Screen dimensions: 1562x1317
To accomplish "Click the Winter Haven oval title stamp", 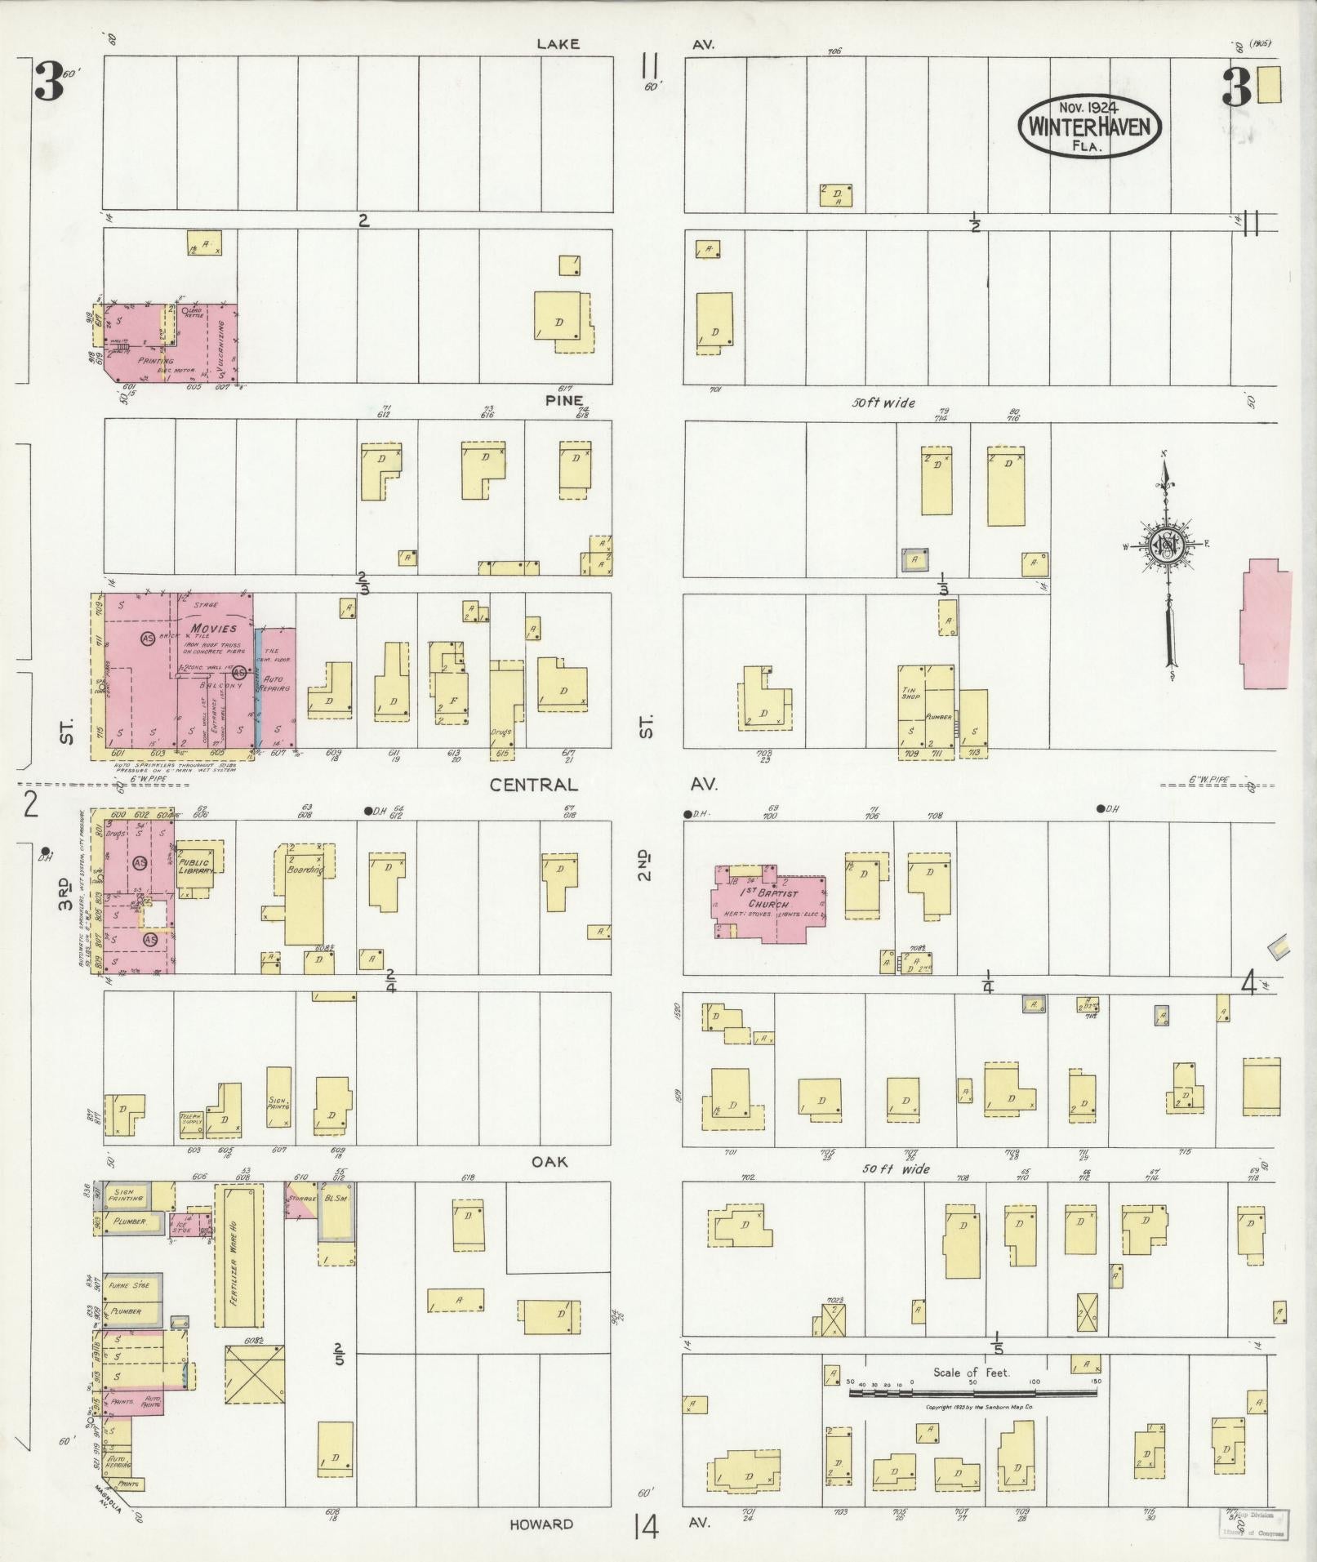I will click(1089, 126).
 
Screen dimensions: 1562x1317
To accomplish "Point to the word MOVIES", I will click(214, 628).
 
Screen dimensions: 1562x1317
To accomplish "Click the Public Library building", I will click(197, 866).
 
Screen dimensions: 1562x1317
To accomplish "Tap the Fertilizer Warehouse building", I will click(238, 1257).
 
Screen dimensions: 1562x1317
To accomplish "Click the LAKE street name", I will click(558, 44).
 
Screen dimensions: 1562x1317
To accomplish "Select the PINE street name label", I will click(565, 400).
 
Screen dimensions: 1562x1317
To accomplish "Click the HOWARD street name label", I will click(541, 1524).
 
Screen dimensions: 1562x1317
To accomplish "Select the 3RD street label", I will click(66, 893).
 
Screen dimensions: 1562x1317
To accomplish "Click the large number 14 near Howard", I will click(649, 1526).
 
